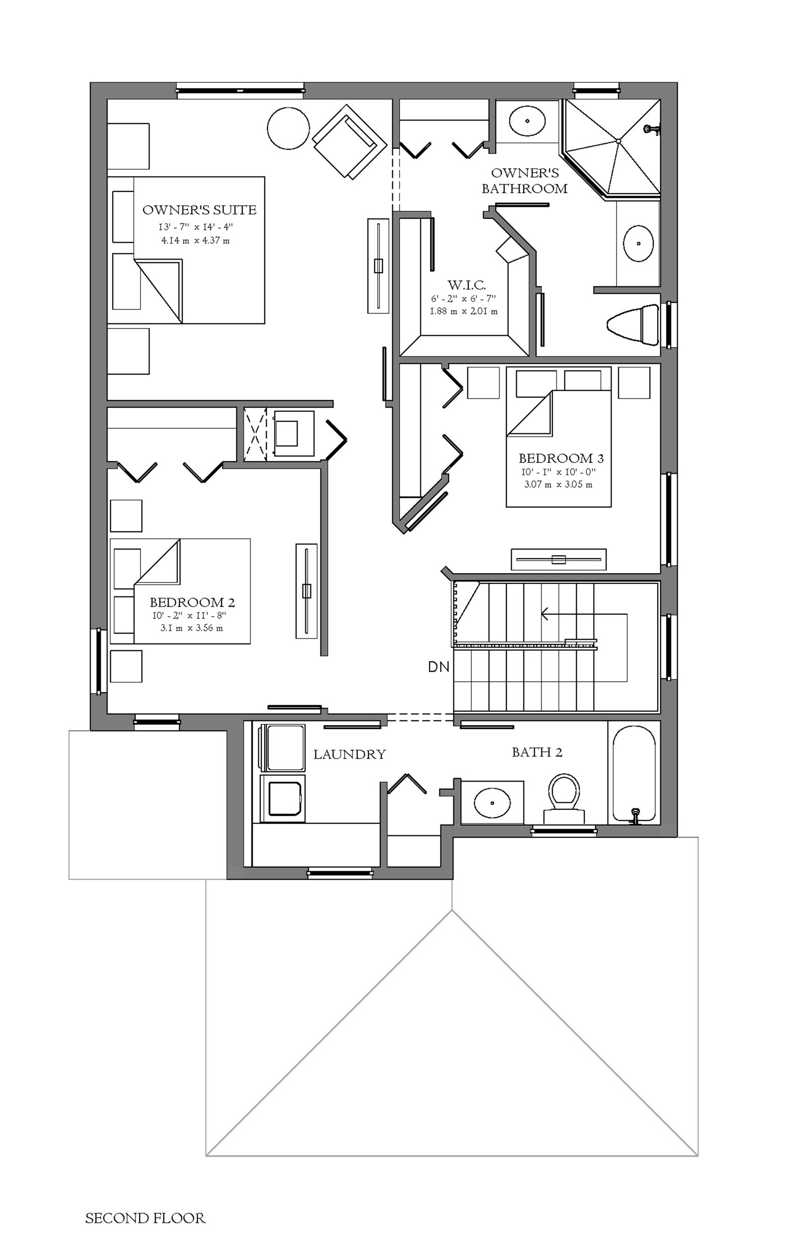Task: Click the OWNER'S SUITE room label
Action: [x=199, y=210]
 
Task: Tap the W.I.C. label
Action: [x=467, y=285]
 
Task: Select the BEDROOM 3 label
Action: [x=561, y=459]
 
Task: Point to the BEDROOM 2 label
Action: [x=192, y=603]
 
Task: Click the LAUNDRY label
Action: [x=349, y=754]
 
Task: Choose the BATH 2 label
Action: [x=537, y=752]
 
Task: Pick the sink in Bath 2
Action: [x=492, y=802]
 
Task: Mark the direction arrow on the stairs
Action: [x=584, y=614]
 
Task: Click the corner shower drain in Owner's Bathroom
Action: [x=618, y=141]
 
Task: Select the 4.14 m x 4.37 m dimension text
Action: [x=195, y=241]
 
